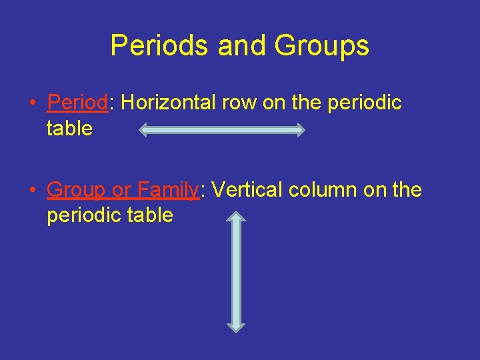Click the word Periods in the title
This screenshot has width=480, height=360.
click(x=151, y=45)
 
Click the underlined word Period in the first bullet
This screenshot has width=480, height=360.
click(x=77, y=103)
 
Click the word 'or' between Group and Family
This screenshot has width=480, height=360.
click(x=121, y=190)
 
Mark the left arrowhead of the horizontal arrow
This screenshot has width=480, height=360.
click(x=145, y=130)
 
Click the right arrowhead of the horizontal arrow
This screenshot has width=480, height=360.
click(x=298, y=130)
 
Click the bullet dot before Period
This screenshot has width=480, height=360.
click(x=32, y=103)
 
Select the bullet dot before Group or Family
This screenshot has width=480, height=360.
click(x=32, y=191)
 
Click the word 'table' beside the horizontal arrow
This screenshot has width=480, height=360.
click(x=69, y=128)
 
